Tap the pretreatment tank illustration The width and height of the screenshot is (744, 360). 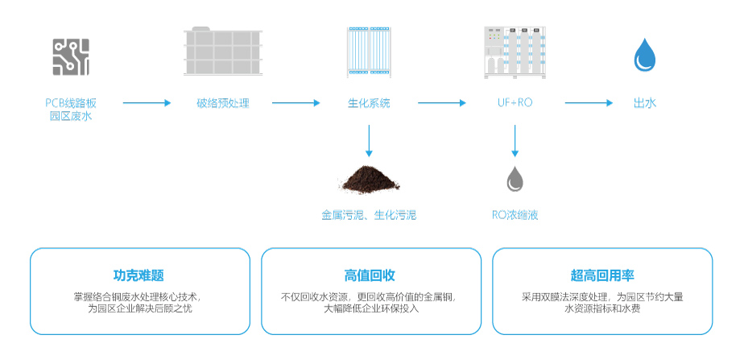tap(223, 54)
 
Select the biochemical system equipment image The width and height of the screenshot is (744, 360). tap(369, 52)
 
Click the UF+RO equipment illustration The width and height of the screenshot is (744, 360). tap(515, 53)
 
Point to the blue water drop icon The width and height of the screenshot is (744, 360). tap(645, 56)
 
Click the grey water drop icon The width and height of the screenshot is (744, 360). tap(515, 179)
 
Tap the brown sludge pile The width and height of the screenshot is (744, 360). tap(370, 180)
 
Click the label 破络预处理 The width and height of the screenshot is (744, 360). tap(223, 103)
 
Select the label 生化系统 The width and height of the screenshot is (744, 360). tap(369, 103)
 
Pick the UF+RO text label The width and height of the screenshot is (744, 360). tap(515, 103)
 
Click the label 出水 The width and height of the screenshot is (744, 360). tap(645, 103)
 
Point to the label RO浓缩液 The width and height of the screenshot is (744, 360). tap(515, 215)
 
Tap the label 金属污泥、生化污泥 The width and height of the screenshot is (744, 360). tap(369, 215)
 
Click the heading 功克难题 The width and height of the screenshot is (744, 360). tap(139, 275)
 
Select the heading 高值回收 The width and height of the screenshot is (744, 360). tap(370, 275)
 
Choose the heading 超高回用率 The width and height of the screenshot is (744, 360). tap(602, 275)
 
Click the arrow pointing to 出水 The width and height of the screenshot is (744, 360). tap(588, 103)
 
